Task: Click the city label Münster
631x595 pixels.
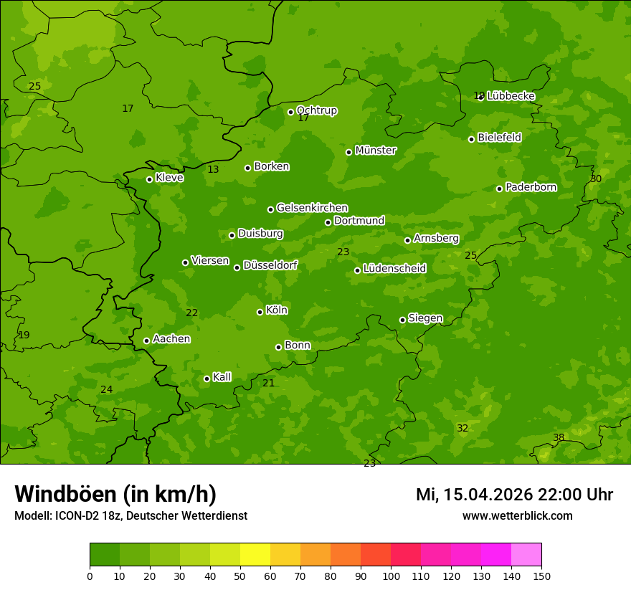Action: (x=375, y=151)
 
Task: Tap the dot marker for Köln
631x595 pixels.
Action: (x=260, y=312)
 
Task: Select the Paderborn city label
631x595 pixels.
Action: (x=531, y=187)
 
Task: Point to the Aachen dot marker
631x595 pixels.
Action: (x=146, y=341)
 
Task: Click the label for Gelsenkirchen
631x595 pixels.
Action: (x=312, y=208)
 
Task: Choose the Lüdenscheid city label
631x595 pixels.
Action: (x=394, y=269)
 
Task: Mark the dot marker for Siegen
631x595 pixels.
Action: (x=402, y=320)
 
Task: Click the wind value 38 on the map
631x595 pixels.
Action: (x=559, y=438)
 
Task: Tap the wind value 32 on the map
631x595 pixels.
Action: (x=462, y=429)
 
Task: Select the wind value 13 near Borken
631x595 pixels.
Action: (x=213, y=170)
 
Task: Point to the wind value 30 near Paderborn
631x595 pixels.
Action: (x=596, y=178)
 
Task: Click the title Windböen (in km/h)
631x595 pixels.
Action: (x=115, y=494)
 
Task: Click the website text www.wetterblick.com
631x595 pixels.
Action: (x=517, y=516)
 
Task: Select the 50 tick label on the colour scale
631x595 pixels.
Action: (x=240, y=576)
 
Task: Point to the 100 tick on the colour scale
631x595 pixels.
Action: (x=391, y=576)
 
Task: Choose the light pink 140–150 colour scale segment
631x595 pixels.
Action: (x=526, y=555)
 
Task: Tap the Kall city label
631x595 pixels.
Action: (x=222, y=377)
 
